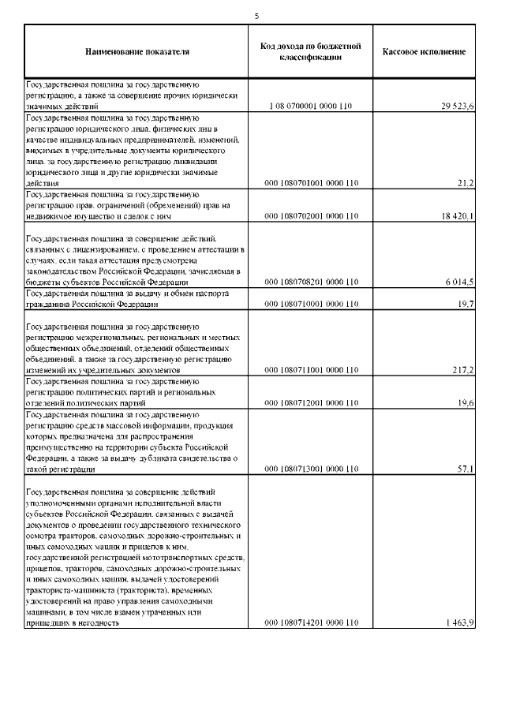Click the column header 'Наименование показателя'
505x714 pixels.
pos(137,52)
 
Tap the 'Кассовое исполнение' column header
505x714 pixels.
pos(424,52)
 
